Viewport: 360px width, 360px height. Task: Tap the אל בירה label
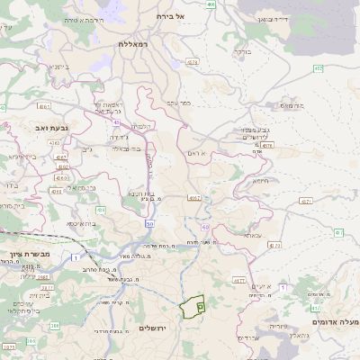tap(168, 16)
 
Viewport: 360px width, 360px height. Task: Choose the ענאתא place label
tap(253, 235)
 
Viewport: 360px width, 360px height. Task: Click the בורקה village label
tap(243, 51)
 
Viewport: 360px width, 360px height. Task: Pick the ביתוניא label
tap(55, 66)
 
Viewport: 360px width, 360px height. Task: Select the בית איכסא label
tap(80, 223)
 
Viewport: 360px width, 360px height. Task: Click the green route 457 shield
tap(318, 68)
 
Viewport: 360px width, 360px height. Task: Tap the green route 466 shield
tap(211, 4)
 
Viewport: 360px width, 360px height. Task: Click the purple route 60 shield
tap(205, 228)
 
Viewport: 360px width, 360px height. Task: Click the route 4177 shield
tap(238, 282)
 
